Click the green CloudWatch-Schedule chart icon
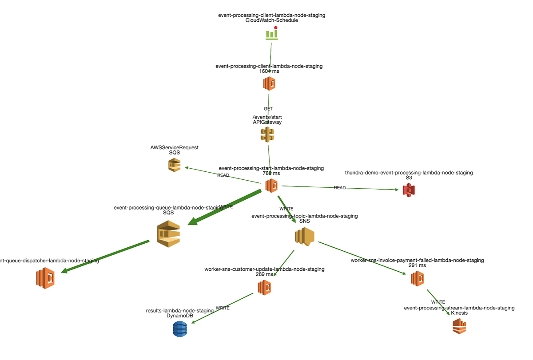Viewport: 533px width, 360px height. [271, 34]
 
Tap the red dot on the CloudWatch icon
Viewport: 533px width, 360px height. [276, 28]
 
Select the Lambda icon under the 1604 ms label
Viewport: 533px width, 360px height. [269, 83]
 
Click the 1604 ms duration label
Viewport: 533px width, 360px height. [269, 71]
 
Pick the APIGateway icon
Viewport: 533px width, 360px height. [267, 135]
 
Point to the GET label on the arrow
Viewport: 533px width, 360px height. [268, 108]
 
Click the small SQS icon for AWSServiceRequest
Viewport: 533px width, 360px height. [174, 166]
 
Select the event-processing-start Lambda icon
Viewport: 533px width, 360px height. [271, 185]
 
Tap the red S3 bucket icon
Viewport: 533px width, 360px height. [409, 190]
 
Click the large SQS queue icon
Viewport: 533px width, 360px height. [168, 233]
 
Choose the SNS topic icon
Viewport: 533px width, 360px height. [304, 236]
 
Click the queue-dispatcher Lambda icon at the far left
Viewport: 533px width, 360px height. [45, 278]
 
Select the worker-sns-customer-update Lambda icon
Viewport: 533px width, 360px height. [264, 287]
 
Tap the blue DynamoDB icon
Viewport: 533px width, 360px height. [180, 329]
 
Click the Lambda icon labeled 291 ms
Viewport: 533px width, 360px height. [417, 278]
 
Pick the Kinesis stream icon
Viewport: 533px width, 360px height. [459, 327]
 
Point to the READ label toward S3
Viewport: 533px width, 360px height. [340, 188]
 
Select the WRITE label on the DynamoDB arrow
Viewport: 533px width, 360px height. [223, 308]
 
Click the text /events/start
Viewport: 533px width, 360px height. [267, 117]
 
